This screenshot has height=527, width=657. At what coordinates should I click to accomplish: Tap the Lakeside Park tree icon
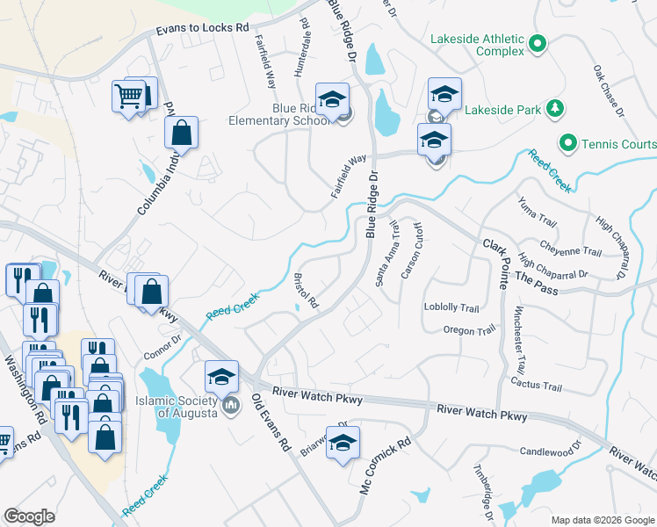pos(554,109)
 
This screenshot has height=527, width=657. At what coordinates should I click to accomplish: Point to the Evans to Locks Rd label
pos(202,29)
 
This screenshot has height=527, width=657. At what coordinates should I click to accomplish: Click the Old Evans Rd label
pos(271,422)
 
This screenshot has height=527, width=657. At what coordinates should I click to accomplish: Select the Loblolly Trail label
pos(451,308)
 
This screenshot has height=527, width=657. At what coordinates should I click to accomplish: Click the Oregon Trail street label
pos(470,331)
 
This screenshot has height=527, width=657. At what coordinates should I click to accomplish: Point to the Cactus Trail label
pos(535,386)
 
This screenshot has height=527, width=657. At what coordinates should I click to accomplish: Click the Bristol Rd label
pos(307,290)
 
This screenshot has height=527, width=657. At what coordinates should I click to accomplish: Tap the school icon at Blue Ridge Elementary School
pos(332,101)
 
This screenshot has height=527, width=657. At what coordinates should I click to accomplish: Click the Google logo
pos(29,516)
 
